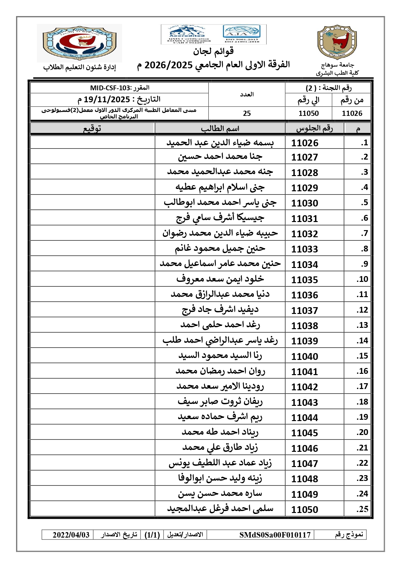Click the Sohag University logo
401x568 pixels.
pyautogui.click(x=337, y=42)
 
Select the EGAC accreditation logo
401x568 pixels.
pyautogui.click(x=187, y=34)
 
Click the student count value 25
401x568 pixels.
pyautogui.click(x=247, y=113)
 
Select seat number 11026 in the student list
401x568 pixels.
pyautogui.click(x=305, y=143)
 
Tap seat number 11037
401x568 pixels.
pyautogui.click(x=305, y=310)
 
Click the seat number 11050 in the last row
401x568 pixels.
pyautogui.click(x=305, y=509)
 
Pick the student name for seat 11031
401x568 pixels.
pyautogui.click(x=220, y=218)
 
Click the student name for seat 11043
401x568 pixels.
pyautogui.click(x=220, y=402)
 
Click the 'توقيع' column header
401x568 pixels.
pyautogui.click(x=92, y=128)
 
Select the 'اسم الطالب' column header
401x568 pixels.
pyautogui.click(x=220, y=128)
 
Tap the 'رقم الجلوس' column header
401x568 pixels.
pyautogui.click(x=314, y=128)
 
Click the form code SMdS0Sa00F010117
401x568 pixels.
pyautogui.click(x=275, y=535)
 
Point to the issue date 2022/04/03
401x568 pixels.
pyautogui.click(x=71, y=535)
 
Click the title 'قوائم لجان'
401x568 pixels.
pyautogui.click(x=214, y=51)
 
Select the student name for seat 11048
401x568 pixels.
pyautogui.click(x=220, y=478)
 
